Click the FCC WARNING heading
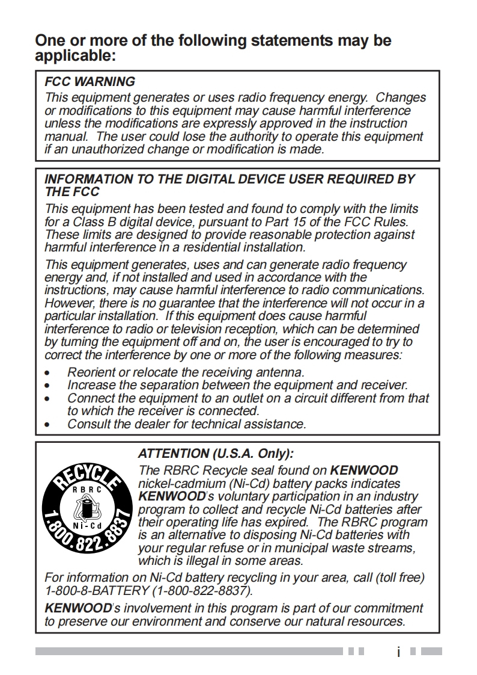pos(90,82)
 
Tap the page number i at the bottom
pos(398,652)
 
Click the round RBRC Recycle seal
pos(87,507)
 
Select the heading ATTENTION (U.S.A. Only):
pos(216,454)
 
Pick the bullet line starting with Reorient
pos(186,372)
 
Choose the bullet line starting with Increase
pos(237,385)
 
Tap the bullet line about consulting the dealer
pos(186,424)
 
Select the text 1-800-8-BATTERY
pos(97,590)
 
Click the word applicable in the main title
pos(73,56)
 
